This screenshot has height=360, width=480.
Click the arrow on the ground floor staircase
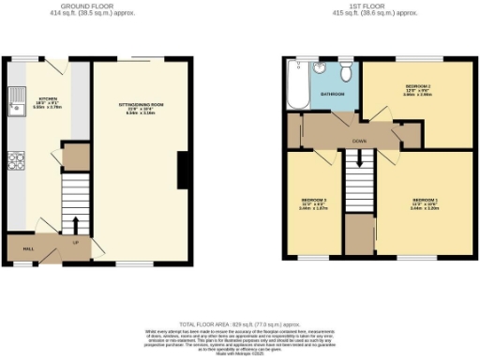tap(74, 224)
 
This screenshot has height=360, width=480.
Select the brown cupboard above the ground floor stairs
tap(75, 157)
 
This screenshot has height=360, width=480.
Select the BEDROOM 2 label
tap(416, 85)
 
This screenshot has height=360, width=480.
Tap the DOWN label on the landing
tap(359, 141)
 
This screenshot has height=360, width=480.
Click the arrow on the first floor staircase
tap(354, 168)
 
